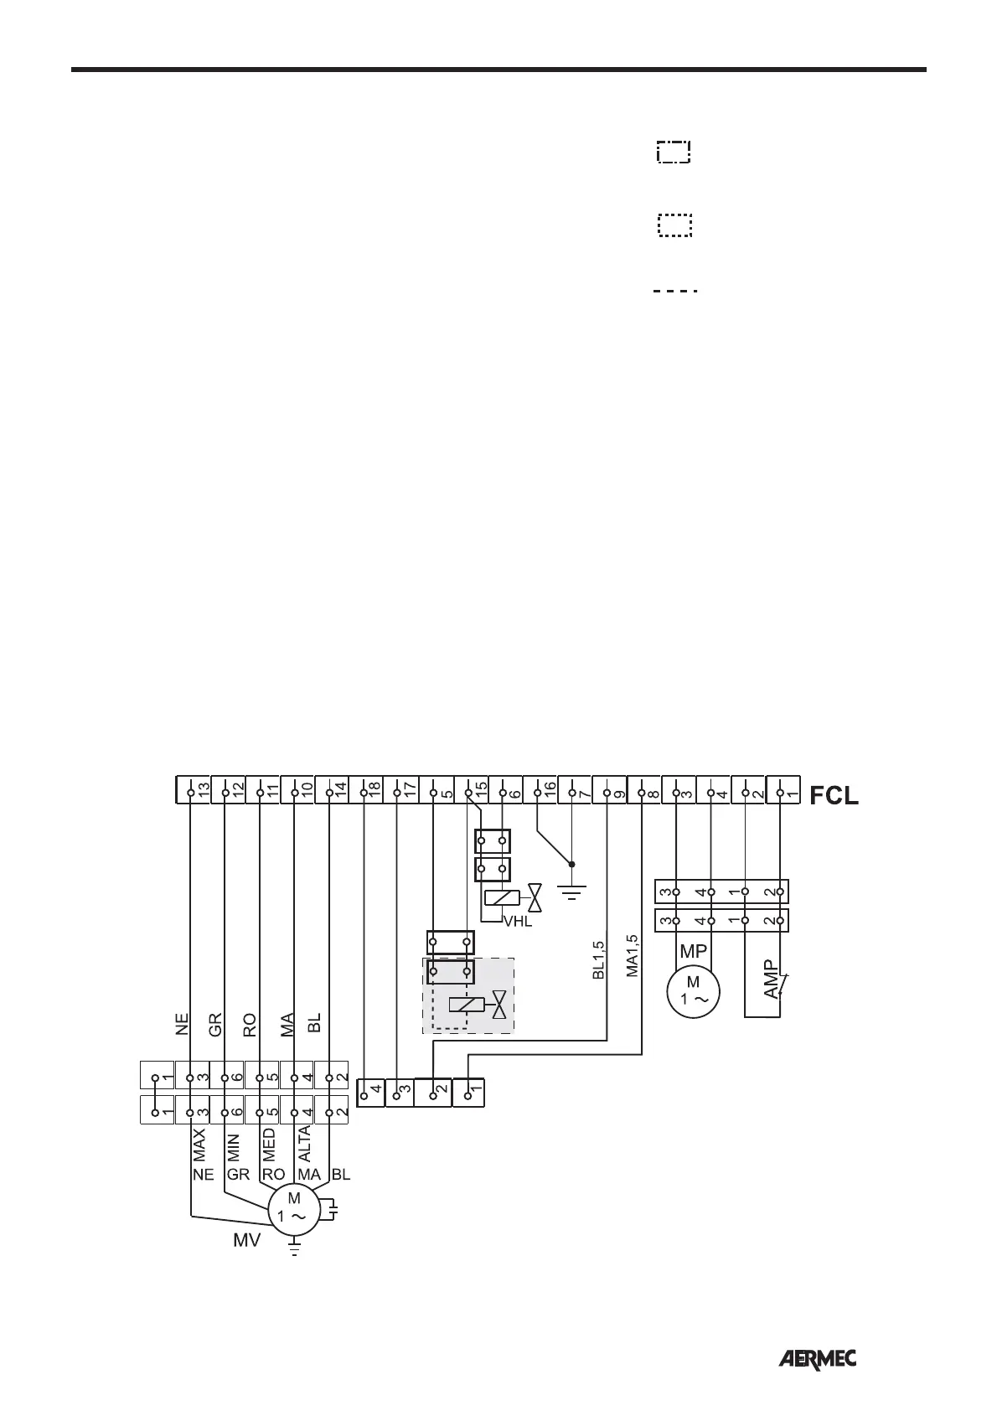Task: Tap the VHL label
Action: (x=517, y=923)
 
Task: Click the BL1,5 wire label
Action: (x=598, y=959)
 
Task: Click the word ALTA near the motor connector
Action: (x=305, y=1144)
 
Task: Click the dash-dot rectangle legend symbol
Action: (x=674, y=152)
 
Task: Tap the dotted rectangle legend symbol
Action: (x=674, y=225)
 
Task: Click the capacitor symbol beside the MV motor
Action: (x=333, y=1211)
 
